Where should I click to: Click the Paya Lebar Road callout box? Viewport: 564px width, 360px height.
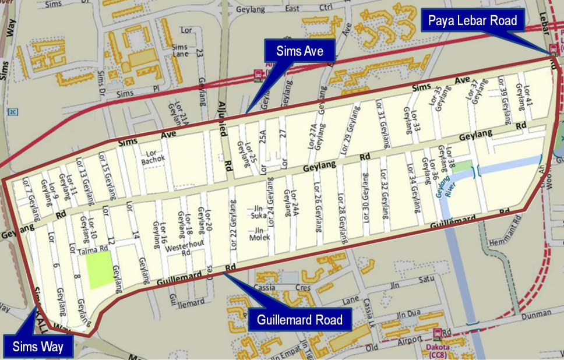(x=473, y=22)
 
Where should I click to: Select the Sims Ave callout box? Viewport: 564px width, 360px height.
(x=301, y=51)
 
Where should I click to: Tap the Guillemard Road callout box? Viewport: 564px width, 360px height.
(x=300, y=320)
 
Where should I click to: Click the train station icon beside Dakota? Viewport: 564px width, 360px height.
(x=438, y=333)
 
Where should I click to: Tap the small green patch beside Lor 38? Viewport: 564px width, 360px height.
(x=461, y=166)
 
